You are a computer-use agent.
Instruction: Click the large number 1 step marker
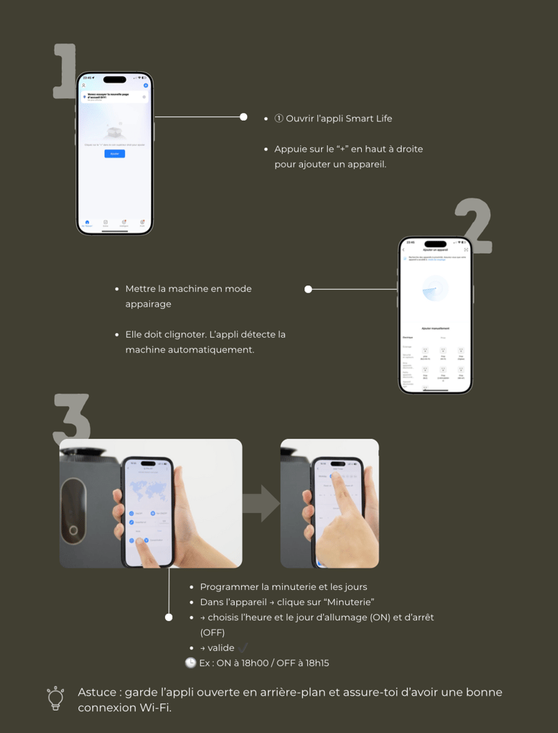[x=65, y=71]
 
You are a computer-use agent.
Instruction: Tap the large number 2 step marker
[x=474, y=226]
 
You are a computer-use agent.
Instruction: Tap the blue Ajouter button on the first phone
[x=114, y=154]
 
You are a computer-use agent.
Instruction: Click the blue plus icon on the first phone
[x=145, y=86]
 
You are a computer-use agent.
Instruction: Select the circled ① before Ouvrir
[x=278, y=118]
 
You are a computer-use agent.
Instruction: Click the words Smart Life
[x=368, y=118]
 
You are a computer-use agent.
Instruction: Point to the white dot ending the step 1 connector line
[x=244, y=116]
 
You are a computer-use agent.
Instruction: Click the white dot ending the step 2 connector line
[x=308, y=289]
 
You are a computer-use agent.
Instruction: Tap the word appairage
[x=148, y=304]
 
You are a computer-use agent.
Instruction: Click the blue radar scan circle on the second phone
[x=435, y=288]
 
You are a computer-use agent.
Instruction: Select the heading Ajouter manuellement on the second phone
[x=435, y=328]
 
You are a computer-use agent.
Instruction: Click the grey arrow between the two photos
[x=261, y=503]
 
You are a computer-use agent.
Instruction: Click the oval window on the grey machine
[x=73, y=513]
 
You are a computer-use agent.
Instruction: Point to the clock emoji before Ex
[x=190, y=663]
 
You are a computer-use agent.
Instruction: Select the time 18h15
[x=316, y=663]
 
